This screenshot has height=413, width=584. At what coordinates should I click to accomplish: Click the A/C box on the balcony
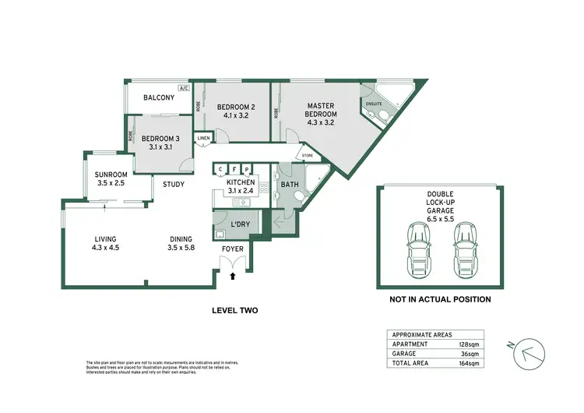pos(184,89)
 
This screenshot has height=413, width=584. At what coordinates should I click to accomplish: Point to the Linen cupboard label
pos(203,138)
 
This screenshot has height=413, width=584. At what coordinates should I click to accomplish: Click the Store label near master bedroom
pos(308,155)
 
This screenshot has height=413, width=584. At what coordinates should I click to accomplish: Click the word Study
pos(174,185)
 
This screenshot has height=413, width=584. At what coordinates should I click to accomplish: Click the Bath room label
pos(290,185)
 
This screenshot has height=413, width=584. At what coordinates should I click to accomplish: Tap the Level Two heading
pos(234,310)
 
